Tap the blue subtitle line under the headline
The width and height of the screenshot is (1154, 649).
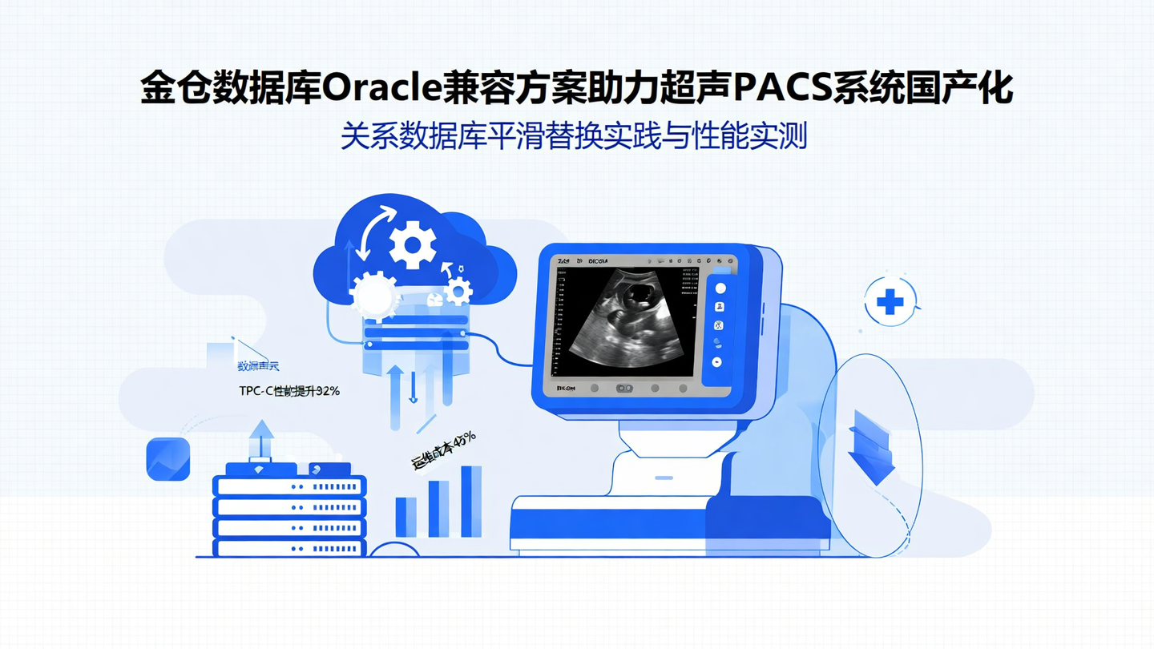click(x=573, y=136)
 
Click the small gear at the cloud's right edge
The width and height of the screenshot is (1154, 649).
click(x=458, y=289)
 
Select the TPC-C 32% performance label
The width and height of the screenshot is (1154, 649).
click(x=289, y=391)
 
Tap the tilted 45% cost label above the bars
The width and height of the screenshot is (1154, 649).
click(x=443, y=449)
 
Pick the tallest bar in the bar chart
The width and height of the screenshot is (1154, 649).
click(x=471, y=501)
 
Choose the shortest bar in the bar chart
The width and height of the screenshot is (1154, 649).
click(x=406, y=517)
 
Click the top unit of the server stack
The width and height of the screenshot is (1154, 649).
click(x=289, y=486)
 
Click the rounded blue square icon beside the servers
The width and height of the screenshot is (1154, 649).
click(x=168, y=459)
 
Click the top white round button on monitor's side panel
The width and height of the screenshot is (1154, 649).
click(x=720, y=288)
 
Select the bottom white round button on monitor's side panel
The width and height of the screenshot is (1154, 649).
click(x=716, y=362)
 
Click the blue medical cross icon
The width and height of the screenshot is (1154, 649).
click(x=890, y=302)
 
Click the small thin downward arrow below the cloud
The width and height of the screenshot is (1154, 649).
click(x=414, y=393)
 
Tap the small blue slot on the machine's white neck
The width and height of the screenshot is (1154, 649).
click(x=664, y=478)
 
